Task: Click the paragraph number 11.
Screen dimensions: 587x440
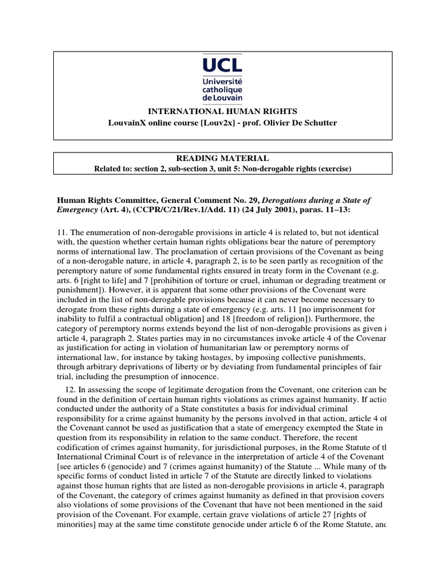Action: click(61, 232)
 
